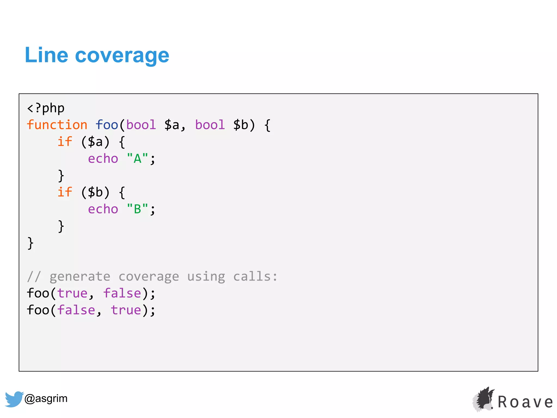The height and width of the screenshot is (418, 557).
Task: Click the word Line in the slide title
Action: coord(46,55)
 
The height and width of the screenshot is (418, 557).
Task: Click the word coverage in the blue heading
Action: coord(122,56)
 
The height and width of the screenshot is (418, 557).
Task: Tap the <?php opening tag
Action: coord(46,108)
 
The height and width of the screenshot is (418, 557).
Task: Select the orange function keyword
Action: coord(57,125)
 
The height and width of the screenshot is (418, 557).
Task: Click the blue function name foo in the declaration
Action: coord(107,125)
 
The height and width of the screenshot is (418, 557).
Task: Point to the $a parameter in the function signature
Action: coord(172,125)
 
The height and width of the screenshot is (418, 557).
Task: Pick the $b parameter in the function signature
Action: coord(241,125)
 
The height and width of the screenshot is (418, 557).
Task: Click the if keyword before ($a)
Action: coord(65,142)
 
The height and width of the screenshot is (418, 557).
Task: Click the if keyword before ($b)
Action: coord(65,192)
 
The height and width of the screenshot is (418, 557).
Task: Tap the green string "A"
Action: coord(137,159)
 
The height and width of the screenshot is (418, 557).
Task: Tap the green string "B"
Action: coord(137,209)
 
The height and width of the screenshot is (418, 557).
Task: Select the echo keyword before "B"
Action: coord(103,209)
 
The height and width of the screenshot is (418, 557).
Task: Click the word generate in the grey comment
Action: coord(80,277)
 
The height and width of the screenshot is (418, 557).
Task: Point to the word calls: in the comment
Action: coord(255,277)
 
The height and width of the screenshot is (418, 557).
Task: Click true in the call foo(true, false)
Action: coord(72,294)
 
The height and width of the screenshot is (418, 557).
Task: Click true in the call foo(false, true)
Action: coord(126,311)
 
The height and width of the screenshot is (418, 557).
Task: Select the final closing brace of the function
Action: coord(30,243)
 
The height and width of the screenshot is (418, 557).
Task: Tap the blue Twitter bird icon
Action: coord(14,399)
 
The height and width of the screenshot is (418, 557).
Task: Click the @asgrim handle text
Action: coord(46,398)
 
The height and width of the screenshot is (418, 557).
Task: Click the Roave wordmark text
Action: coord(525,402)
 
